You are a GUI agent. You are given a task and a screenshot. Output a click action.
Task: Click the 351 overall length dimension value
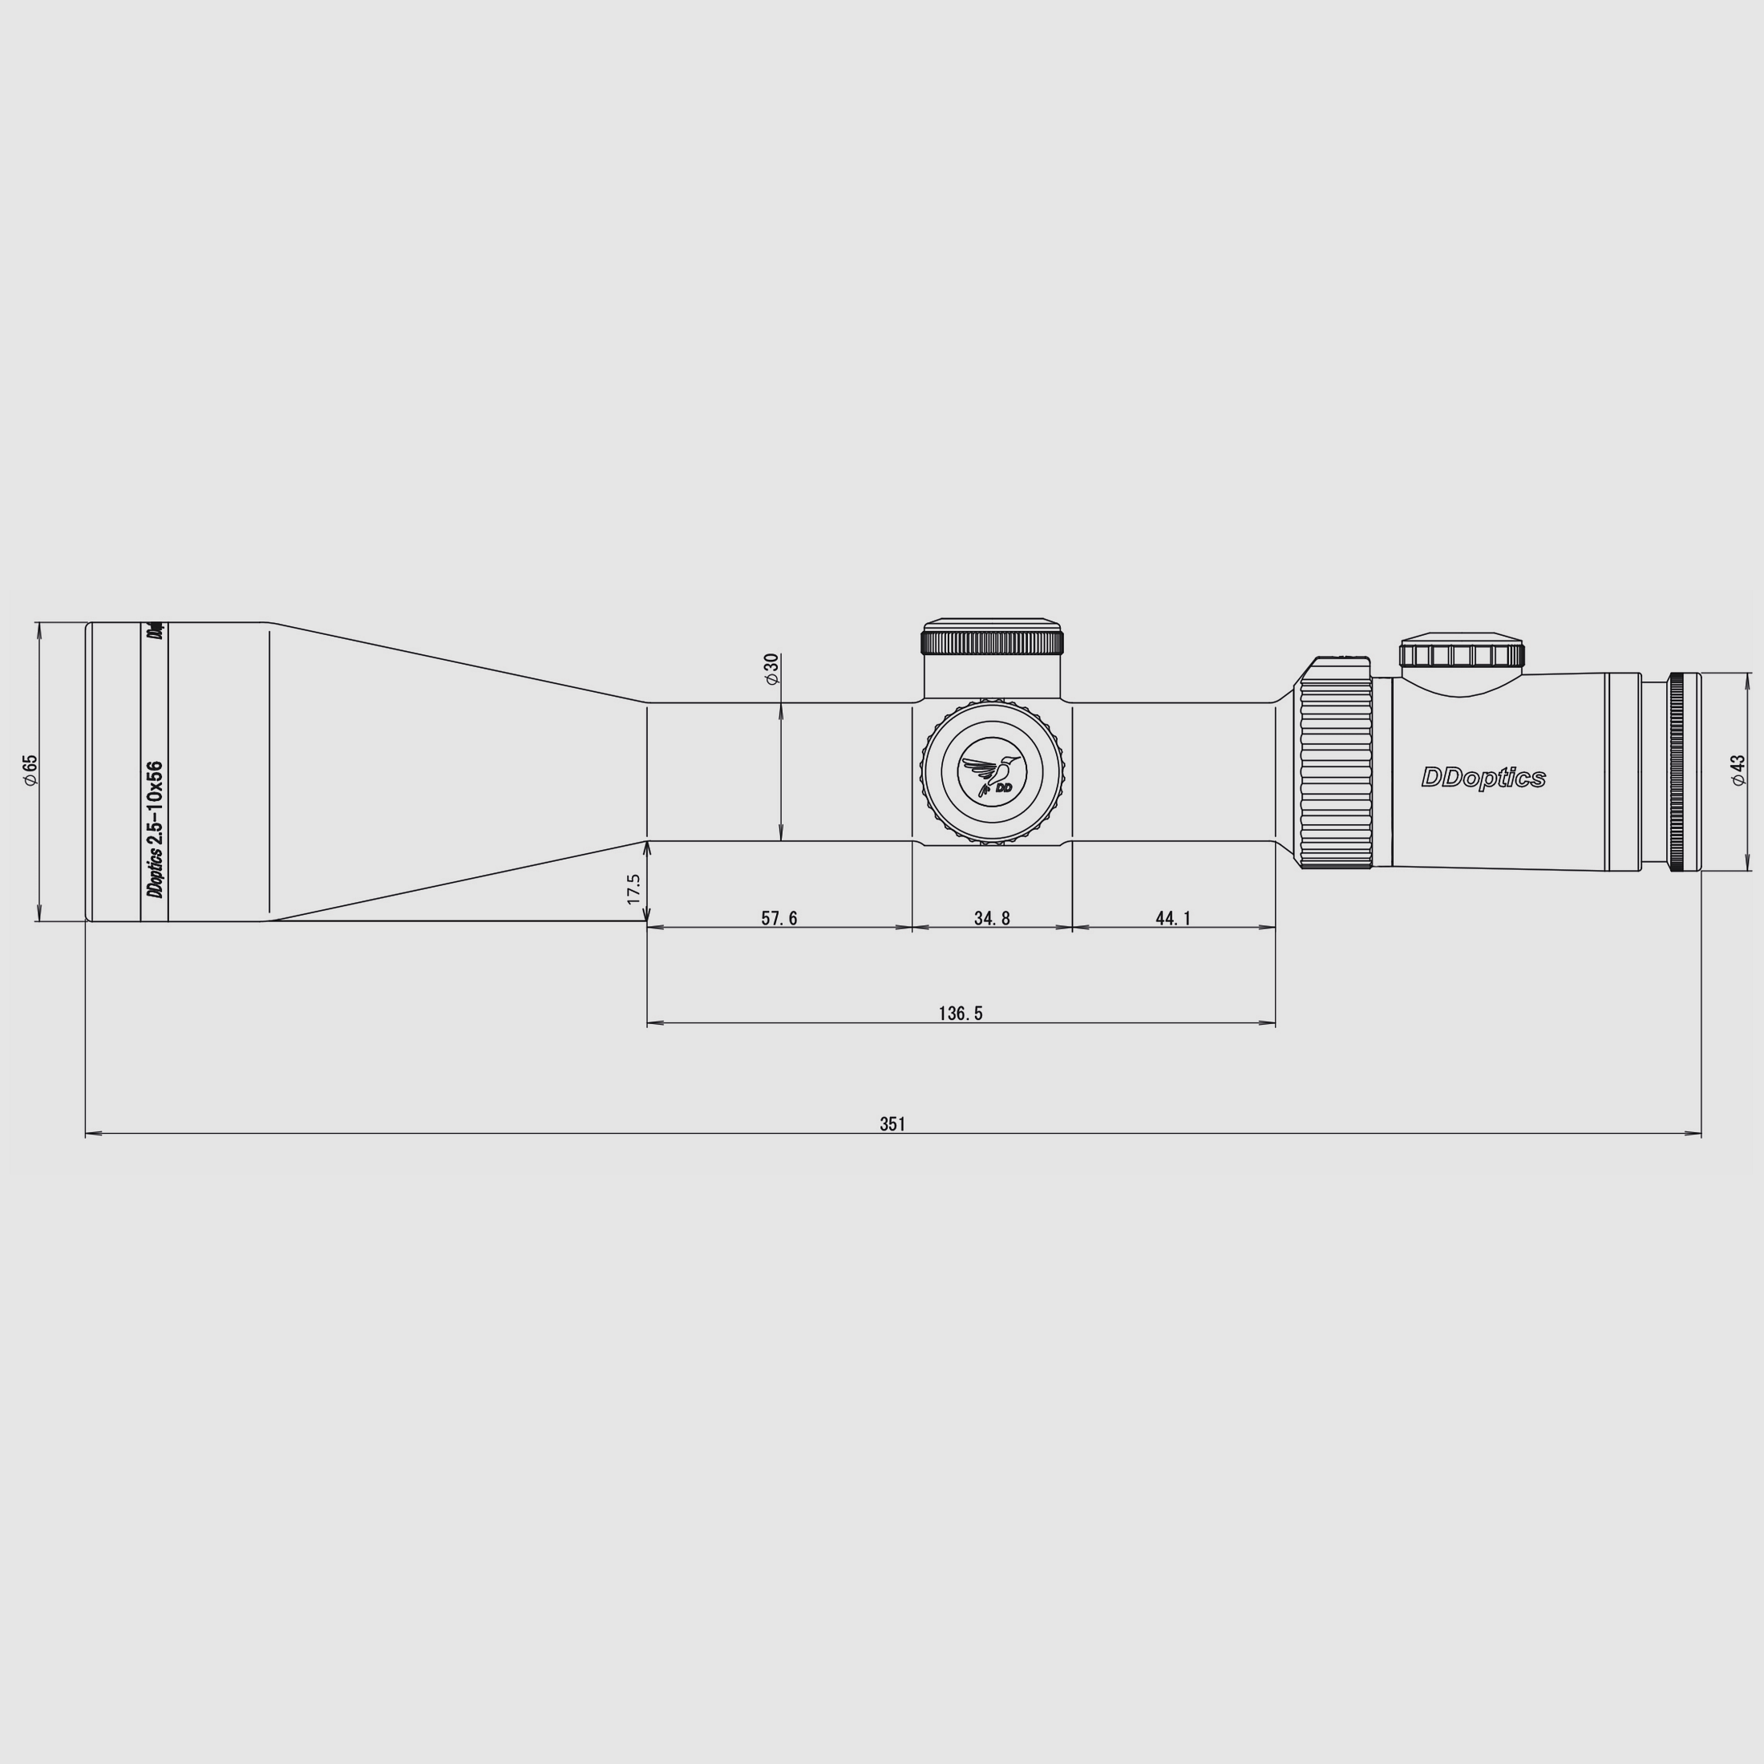(x=892, y=1124)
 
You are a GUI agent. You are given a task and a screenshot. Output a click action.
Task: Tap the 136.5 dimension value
(x=961, y=1013)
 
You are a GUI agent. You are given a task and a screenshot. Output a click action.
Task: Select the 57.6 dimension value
(x=779, y=919)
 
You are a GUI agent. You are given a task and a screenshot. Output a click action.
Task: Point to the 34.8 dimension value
(x=992, y=919)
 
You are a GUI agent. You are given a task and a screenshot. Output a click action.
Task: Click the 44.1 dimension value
(x=1173, y=919)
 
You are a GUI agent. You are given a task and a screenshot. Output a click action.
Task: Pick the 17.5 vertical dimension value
(x=633, y=888)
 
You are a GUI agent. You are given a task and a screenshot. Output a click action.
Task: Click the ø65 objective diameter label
(x=30, y=770)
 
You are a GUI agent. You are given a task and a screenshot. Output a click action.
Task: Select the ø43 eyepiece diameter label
(x=1737, y=770)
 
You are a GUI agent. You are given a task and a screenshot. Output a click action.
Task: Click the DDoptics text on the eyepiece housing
(x=1483, y=778)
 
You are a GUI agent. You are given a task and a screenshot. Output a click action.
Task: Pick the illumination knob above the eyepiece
(x=1462, y=653)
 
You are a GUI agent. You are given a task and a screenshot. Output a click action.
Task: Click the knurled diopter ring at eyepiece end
(x=1678, y=771)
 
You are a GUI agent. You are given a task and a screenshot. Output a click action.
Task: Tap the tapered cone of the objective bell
(x=456, y=772)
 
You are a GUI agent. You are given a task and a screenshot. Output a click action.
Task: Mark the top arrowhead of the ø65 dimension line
(x=38, y=627)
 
